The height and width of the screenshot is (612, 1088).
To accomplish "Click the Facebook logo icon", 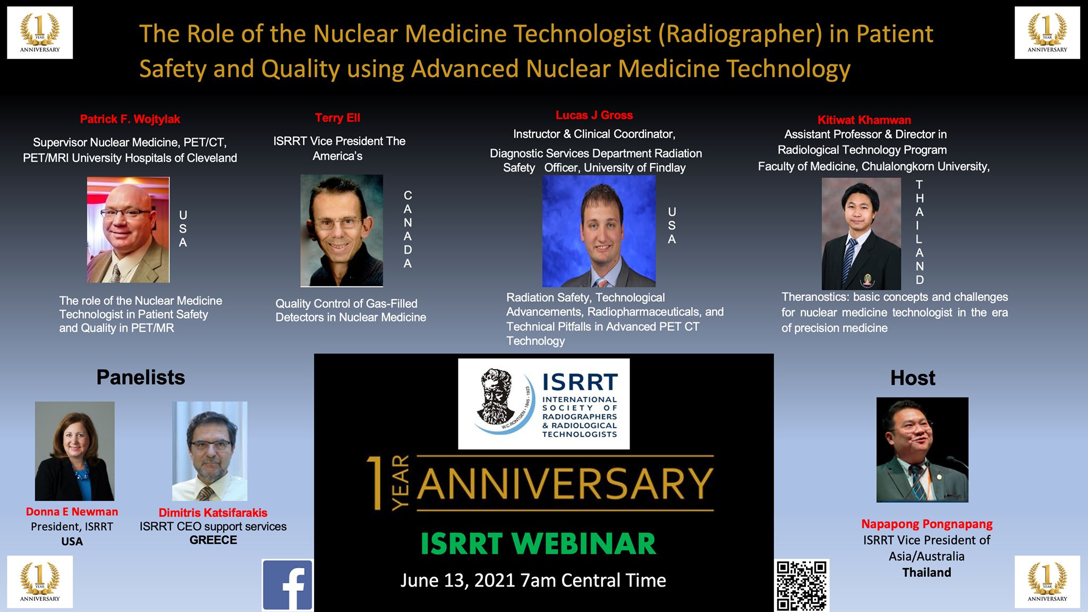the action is (x=287, y=585).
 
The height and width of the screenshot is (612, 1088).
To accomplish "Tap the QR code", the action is (x=802, y=585).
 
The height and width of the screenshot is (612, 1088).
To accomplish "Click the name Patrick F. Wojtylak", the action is (x=130, y=119).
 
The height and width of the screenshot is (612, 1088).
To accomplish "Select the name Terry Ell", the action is (x=337, y=118).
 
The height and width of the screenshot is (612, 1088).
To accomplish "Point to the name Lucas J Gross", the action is (x=594, y=115).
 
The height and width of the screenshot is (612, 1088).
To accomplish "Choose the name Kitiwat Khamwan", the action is (x=864, y=120).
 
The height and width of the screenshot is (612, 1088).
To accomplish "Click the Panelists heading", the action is (x=141, y=377).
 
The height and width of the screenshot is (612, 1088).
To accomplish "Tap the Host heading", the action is (x=913, y=378).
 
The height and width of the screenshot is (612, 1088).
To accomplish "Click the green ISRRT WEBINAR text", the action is (x=538, y=543).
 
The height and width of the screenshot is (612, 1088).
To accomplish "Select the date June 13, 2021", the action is (x=457, y=580).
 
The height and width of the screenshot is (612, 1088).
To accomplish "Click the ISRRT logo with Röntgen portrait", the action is (x=543, y=404).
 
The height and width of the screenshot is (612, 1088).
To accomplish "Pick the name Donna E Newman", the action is (x=72, y=512).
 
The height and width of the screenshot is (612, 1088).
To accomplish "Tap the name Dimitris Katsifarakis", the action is (x=213, y=513).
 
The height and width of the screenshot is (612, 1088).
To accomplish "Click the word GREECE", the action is (x=213, y=540).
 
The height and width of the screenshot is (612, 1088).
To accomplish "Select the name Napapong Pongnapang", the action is (x=927, y=524).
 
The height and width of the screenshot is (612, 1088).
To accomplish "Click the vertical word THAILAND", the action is (x=920, y=232).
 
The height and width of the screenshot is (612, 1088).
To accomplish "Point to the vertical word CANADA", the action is (x=407, y=229).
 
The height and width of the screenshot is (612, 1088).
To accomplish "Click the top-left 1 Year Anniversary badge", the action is (x=40, y=32).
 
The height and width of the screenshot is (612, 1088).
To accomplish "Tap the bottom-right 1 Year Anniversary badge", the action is (x=1047, y=582).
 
